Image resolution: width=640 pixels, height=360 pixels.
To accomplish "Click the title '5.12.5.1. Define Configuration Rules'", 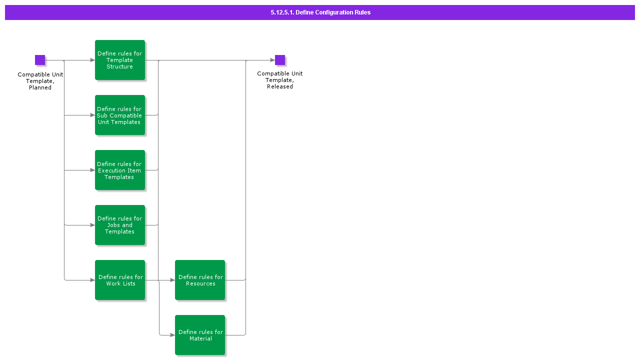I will coord(320,12).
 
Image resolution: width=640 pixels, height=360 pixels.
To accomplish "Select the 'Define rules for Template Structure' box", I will coord(120,60).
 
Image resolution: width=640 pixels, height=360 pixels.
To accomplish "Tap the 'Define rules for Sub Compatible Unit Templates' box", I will coord(120,115).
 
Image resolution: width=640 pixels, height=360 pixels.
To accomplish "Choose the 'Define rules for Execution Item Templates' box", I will coord(120,170).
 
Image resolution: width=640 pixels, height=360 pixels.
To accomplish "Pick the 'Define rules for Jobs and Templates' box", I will coord(120,225).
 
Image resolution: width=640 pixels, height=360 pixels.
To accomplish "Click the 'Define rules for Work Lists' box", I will coord(120,280).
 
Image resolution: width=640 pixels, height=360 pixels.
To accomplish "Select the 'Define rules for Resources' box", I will coord(200,280).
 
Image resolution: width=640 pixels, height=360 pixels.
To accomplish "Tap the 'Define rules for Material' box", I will coord(200,335).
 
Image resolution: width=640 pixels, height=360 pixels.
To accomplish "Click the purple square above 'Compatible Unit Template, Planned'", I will coord(40,60).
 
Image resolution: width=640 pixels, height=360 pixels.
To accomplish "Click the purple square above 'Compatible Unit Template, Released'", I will coord(280,60).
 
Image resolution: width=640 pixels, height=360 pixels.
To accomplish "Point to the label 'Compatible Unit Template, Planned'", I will coord(40,81).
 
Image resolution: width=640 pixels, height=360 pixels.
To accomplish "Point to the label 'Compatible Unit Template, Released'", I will coord(280,80).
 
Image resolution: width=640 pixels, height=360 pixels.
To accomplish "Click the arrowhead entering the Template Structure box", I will coord(92,60).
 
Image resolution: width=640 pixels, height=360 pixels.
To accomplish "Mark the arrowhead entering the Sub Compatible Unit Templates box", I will coord(92,115).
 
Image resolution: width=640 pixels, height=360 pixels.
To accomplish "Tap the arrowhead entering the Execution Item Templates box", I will coord(92,170).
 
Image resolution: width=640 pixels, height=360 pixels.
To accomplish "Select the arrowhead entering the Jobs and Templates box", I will coord(92,225).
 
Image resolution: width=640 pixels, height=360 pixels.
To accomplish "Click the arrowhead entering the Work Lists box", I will coord(92,280).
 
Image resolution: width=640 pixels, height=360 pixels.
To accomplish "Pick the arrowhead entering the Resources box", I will coord(172,280).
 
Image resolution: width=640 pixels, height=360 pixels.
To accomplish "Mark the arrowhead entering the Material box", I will coord(172,335).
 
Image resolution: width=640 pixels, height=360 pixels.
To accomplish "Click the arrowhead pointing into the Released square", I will coord(272,60).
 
